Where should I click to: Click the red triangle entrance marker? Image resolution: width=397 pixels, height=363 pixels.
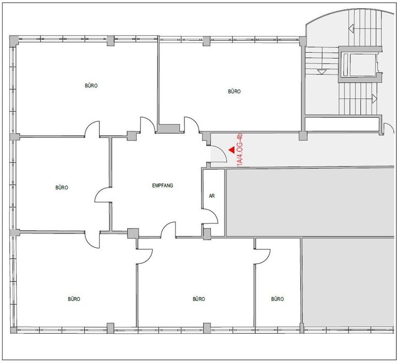pyautogui.click(x=232, y=150)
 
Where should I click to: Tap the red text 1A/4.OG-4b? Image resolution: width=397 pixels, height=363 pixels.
pyautogui.click(x=240, y=150)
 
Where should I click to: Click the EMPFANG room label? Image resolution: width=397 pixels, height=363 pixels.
pyautogui.click(x=162, y=185)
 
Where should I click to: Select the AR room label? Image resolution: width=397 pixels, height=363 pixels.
pyautogui.click(x=212, y=196)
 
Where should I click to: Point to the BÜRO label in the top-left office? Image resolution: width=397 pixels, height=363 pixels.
pyautogui.click(x=91, y=86)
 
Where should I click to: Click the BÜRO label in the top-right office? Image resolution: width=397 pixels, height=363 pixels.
pyautogui.click(x=234, y=91)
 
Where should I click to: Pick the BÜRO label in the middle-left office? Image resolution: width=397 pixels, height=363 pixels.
pyautogui.click(x=62, y=187)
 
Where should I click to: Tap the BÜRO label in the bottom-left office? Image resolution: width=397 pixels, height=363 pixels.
pyautogui.click(x=74, y=299)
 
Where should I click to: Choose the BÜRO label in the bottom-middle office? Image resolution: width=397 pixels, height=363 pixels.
pyautogui.click(x=198, y=299)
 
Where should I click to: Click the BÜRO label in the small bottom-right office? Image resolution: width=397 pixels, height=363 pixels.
pyautogui.click(x=278, y=299)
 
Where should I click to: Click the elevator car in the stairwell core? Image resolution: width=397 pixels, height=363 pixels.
pyautogui.click(x=359, y=65)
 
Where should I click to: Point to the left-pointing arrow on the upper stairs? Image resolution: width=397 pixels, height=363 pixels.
pyautogui.click(x=351, y=28)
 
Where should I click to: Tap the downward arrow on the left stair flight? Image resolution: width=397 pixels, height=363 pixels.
pyautogui.click(x=322, y=72)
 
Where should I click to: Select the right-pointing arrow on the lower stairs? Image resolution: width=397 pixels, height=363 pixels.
pyautogui.click(x=375, y=99)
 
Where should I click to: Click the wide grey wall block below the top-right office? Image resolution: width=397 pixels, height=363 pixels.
pyautogui.click(x=169, y=128)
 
